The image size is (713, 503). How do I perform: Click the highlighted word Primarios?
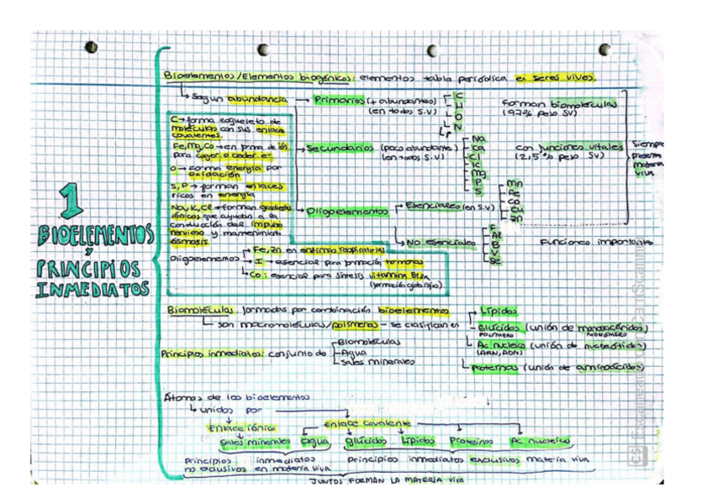(x=339, y=99)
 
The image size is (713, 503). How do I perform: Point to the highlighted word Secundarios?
(x=341, y=149)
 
